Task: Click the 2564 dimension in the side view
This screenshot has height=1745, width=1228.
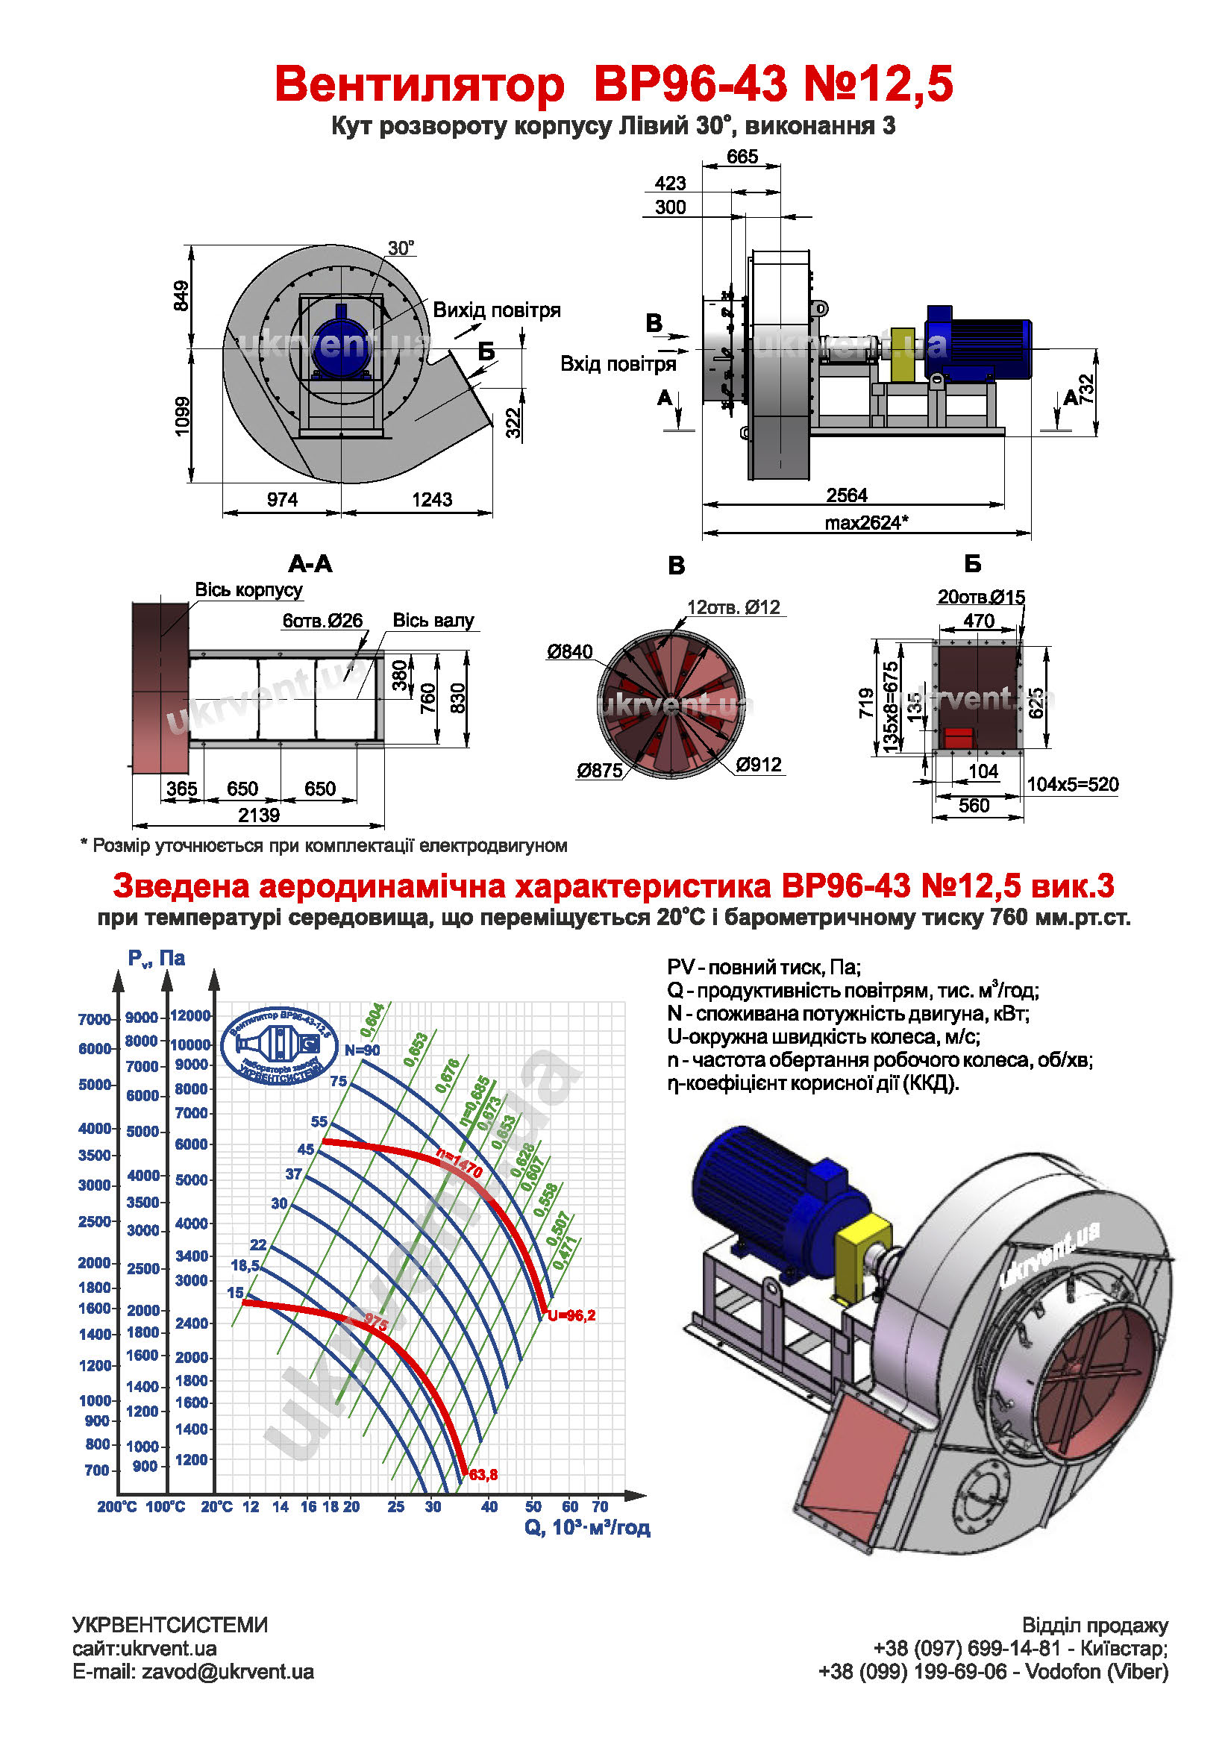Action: click(846, 495)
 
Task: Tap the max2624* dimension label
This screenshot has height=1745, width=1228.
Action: click(865, 522)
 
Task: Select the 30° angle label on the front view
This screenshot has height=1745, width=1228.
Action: click(401, 248)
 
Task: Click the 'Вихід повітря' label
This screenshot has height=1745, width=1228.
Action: click(496, 310)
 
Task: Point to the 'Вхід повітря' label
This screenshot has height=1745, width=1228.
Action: click(617, 364)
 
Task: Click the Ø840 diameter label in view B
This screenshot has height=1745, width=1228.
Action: click(569, 651)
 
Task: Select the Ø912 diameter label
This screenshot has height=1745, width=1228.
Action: click(759, 765)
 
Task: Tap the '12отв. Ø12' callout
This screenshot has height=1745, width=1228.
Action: click(733, 607)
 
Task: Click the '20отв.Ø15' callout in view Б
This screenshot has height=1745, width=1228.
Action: click(980, 598)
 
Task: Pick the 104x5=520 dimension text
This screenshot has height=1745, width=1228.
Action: click(1072, 784)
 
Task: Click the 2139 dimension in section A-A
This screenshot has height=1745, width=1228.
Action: click(258, 815)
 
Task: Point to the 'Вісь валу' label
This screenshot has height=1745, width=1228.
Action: click(433, 620)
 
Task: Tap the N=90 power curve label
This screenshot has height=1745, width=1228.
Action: click(362, 1050)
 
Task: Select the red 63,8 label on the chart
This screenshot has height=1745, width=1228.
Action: click(483, 1474)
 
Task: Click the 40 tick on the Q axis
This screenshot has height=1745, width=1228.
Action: click(489, 1506)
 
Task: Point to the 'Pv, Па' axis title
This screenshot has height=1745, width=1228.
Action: click(156, 959)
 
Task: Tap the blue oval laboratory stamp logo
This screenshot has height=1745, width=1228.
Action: click(279, 1045)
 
